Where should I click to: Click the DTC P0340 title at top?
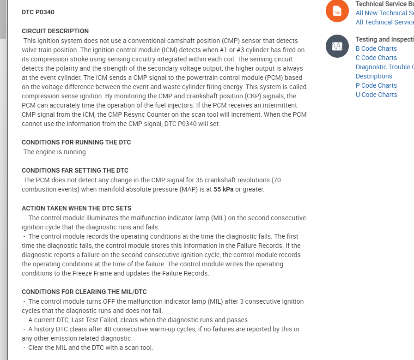38,12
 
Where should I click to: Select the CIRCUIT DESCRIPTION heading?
55,31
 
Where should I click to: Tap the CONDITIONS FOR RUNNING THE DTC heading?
76,142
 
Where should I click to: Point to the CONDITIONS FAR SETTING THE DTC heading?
75,170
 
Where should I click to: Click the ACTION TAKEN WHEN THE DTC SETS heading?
76,208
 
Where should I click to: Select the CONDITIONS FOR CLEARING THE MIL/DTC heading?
84,292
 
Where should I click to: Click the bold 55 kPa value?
223,189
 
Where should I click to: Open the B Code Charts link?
376,48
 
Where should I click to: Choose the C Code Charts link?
376,58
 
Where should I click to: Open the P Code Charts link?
376,85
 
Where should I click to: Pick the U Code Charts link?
376,95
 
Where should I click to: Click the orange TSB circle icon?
337,11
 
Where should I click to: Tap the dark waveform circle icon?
337,47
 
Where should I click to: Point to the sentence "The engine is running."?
55,152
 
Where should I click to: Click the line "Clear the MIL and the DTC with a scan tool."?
91,348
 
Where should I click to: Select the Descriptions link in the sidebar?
374,76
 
